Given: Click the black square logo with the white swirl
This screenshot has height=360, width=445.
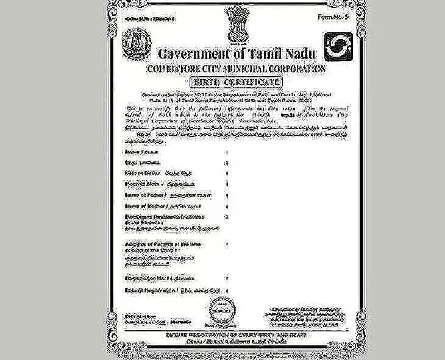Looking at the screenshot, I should point(337,47).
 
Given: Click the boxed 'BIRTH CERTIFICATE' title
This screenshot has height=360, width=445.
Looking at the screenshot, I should point(235,82).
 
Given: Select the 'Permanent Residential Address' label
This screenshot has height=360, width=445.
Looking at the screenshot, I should point(157,217).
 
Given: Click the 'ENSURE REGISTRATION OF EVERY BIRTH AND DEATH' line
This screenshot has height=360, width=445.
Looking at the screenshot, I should point(235,336).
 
